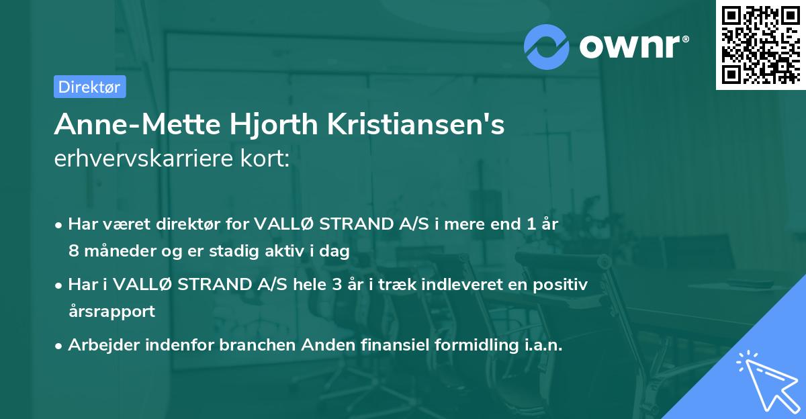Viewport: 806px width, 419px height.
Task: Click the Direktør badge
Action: point(89,87)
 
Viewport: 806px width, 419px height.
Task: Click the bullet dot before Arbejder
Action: point(60,346)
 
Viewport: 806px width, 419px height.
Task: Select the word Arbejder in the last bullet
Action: point(99,345)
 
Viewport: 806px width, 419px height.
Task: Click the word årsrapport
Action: point(111,311)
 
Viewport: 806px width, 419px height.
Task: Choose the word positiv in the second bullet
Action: point(565,285)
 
